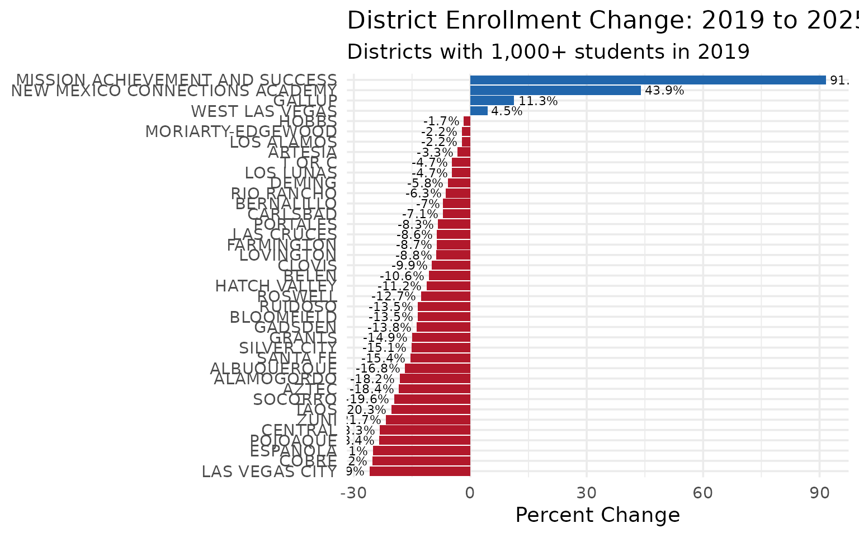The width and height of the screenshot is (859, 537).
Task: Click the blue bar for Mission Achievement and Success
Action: pos(648,80)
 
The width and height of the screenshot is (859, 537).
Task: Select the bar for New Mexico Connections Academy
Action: pos(555,91)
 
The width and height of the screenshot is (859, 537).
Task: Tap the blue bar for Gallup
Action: pos(492,101)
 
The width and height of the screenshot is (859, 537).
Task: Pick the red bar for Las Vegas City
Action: pos(419,472)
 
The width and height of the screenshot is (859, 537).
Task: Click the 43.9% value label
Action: pos(664,91)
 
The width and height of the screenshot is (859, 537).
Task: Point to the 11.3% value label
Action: pos(538,101)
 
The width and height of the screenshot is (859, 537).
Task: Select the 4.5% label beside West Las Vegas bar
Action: pos(507,111)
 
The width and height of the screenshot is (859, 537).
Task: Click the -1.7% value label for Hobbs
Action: pos(441,121)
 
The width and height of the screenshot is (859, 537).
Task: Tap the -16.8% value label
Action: pos(378,369)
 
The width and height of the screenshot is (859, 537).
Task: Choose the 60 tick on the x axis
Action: pos(703,493)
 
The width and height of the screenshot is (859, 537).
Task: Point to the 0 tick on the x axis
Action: pos(470,493)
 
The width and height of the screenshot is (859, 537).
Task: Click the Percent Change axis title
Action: pos(597,515)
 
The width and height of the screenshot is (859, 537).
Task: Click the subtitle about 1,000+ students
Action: pos(548,51)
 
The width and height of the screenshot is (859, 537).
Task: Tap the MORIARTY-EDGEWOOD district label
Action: pos(241,132)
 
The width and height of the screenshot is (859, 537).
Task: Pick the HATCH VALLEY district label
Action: pos(276,286)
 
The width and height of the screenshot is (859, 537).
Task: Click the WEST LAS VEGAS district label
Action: pos(264,111)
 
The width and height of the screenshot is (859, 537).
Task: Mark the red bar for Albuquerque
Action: pos(437,369)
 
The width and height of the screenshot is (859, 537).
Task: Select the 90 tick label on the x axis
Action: pos(819,493)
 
